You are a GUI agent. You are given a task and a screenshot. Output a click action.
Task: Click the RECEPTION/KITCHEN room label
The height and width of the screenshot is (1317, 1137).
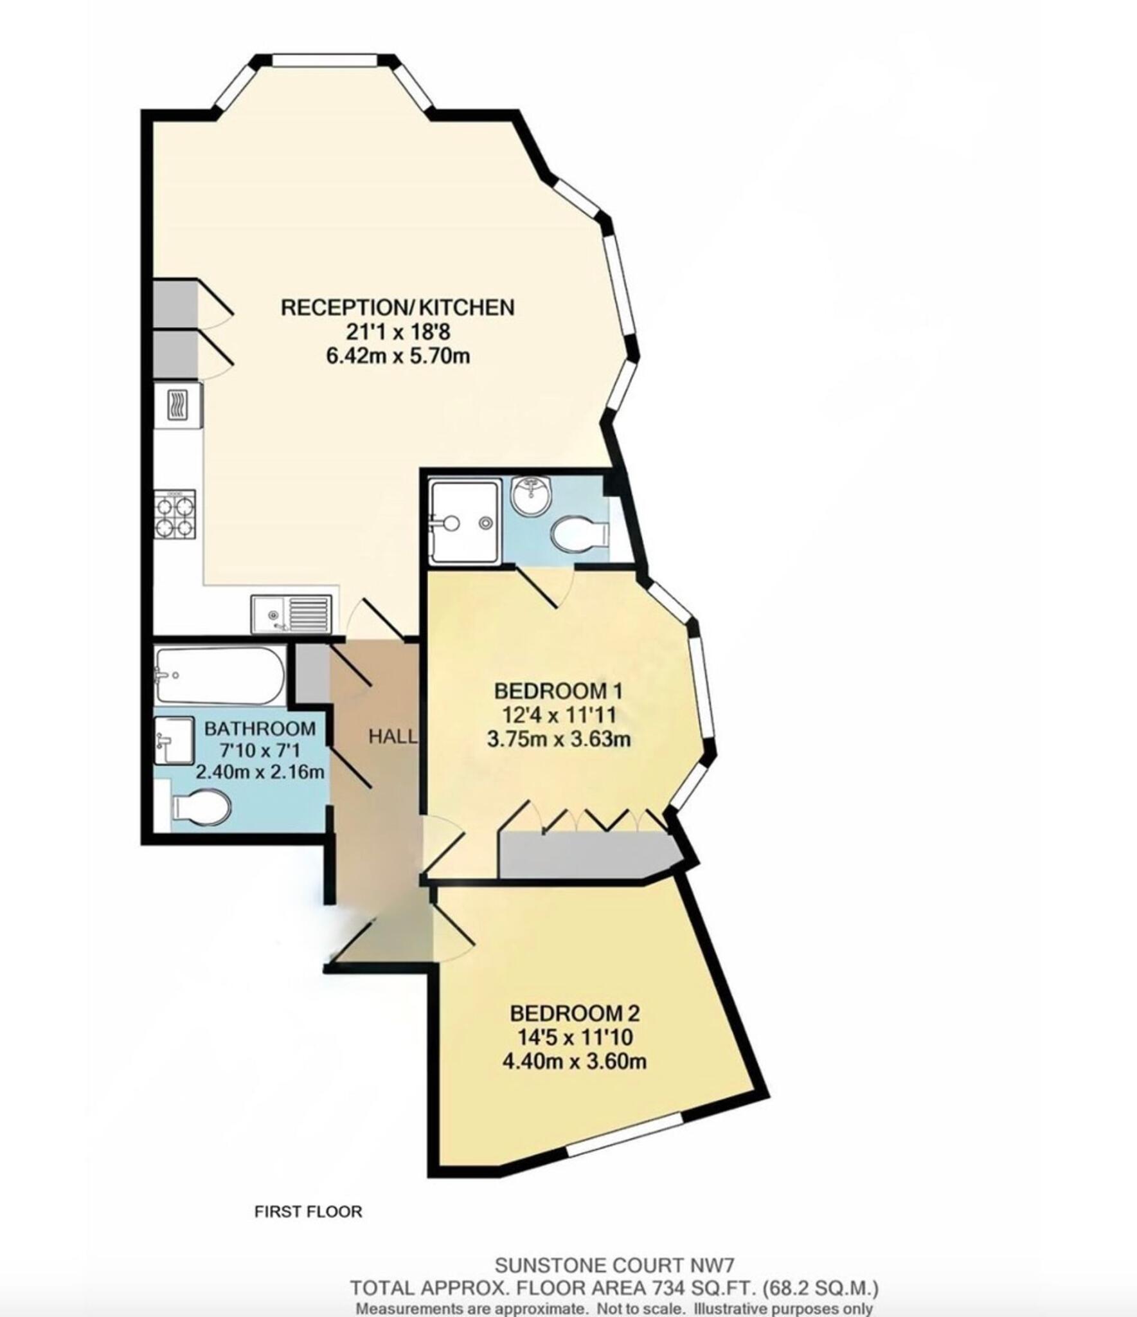pyautogui.click(x=397, y=307)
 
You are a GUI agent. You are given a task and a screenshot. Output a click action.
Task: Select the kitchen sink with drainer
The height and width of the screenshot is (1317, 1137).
pyautogui.click(x=292, y=614)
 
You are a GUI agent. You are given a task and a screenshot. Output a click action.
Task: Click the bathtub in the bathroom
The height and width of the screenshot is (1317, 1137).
pyautogui.click(x=219, y=675)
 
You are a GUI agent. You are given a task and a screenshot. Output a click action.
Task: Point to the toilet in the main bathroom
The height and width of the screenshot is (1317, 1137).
pyautogui.click(x=200, y=807)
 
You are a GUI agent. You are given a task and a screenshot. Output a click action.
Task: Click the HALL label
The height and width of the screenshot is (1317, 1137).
pyautogui.click(x=392, y=737)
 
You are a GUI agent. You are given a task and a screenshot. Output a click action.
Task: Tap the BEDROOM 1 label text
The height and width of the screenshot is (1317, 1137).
pyautogui.click(x=558, y=691)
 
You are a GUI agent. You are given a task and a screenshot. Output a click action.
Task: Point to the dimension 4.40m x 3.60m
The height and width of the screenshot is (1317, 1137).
pyautogui.click(x=574, y=1061)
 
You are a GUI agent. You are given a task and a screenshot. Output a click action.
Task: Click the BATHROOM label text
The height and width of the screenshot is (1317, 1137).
pyautogui.click(x=260, y=729)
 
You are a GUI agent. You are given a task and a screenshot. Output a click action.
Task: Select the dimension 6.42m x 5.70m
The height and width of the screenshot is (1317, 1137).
pyautogui.click(x=398, y=356)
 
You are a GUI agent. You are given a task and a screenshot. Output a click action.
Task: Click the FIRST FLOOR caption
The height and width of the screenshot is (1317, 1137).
pyautogui.click(x=308, y=1212)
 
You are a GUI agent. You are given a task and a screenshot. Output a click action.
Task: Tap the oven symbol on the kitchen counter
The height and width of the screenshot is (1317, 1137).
pyautogui.click(x=177, y=405)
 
